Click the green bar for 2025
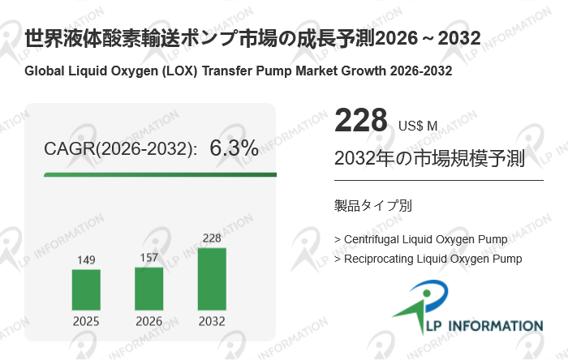86,289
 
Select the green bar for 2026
148,288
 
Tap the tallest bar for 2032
212,278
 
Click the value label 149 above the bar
86,259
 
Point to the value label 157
148,257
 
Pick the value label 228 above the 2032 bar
212,238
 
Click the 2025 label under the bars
86,321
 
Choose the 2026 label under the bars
148,321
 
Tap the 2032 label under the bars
212,321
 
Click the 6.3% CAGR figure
234,148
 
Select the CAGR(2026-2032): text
120,149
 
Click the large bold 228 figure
361,122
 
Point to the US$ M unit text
418,126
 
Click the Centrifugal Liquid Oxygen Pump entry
421,239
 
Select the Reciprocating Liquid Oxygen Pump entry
428,259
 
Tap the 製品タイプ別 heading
372,205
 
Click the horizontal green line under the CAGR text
160,174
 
